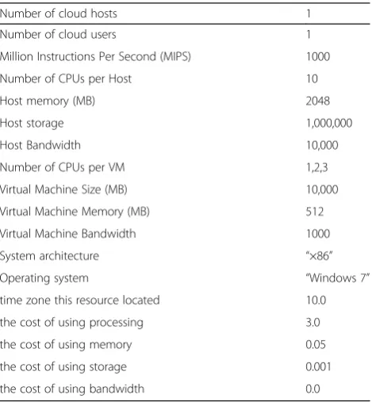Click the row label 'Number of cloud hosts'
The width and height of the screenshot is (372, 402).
click(x=59, y=13)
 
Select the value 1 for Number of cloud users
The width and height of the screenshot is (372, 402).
click(x=309, y=35)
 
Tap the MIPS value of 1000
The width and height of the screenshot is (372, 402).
click(x=318, y=57)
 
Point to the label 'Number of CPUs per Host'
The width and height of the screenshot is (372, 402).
click(x=66, y=79)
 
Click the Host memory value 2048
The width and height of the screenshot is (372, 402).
click(x=318, y=101)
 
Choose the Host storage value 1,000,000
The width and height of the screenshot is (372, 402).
click(x=329, y=123)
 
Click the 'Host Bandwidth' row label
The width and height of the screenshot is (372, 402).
click(x=40, y=145)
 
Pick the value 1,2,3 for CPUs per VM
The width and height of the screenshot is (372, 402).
click(x=317, y=167)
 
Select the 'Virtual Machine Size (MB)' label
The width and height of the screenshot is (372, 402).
click(x=63, y=190)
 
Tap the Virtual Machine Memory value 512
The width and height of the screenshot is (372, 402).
click(x=315, y=212)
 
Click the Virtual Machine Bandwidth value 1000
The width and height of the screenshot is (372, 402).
click(x=318, y=234)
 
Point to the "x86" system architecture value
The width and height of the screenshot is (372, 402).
click(x=319, y=255)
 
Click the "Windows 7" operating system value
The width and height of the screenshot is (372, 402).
click(x=338, y=278)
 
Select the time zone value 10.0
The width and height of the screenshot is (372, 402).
click(x=316, y=301)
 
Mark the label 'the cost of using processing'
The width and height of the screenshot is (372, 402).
click(x=71, y=323)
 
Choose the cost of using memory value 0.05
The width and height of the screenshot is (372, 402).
click(x=316, y=345)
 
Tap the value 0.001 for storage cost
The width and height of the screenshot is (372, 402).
click(x=318, y=367)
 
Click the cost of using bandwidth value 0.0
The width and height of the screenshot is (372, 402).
click(x=313, y=389)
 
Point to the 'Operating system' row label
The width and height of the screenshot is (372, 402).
click(x=44, y=278)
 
